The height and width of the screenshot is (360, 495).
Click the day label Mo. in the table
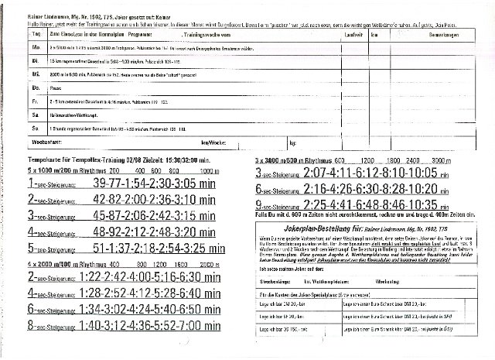pyautogui.click(x=33, y=48)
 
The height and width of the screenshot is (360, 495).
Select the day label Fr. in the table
pyautogui.click(x=33, y=101)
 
